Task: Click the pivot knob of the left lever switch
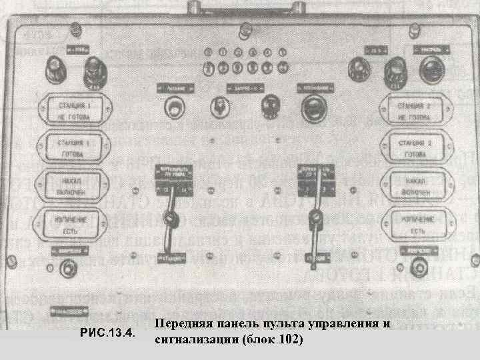(173, 220)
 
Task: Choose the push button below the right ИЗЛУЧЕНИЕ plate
(418, 268)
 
